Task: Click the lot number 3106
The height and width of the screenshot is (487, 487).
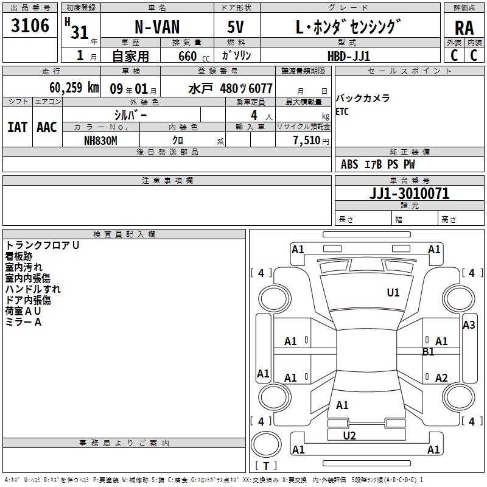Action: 30,26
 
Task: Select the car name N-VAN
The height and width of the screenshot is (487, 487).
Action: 157,28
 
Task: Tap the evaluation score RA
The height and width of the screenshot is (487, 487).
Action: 464,27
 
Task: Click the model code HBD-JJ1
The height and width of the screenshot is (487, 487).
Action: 349,55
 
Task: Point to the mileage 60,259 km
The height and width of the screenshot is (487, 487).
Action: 74,88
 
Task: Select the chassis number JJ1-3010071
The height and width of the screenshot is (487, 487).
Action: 409,194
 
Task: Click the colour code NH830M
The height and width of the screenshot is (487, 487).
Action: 100,140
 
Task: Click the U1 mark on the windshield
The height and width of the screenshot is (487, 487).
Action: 393,293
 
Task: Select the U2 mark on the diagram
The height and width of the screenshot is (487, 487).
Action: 349,436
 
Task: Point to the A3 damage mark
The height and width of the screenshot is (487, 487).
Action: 469,325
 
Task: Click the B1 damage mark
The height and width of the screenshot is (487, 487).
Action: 429,352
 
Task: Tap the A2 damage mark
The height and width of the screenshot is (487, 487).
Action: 441,377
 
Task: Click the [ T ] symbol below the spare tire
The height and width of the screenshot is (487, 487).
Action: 266,466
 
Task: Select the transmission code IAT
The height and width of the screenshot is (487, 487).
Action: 17,127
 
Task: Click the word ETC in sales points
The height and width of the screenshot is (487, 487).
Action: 343,112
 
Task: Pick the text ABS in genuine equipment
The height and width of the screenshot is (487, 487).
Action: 349,164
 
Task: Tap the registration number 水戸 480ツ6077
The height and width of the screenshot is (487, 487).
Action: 230,88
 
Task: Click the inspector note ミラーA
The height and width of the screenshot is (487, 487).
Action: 23,322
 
